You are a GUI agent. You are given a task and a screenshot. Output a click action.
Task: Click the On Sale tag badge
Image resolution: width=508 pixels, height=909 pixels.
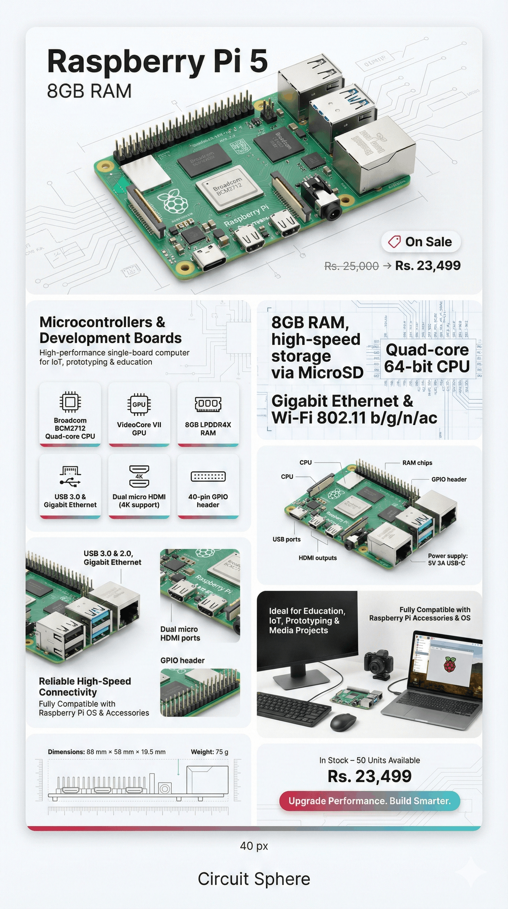(421, 242)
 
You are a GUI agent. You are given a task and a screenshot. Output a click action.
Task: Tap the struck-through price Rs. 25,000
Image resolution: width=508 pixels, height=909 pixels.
(351, 266)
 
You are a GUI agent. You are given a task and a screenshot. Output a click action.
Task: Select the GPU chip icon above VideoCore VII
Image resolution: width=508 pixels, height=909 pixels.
(139, 404)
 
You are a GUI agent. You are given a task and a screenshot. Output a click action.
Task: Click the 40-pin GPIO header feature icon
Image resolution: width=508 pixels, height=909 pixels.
(208, 476)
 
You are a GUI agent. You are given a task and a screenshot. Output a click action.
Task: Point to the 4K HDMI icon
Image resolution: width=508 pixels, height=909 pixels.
(139, 476)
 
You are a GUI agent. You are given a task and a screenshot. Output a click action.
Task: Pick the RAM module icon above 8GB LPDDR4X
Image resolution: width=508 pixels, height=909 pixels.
(208, 404)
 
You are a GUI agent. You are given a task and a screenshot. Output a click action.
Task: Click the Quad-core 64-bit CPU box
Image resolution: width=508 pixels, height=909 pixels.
(427, 358)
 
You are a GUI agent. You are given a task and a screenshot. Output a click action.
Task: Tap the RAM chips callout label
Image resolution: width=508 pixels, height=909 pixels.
(417, 463)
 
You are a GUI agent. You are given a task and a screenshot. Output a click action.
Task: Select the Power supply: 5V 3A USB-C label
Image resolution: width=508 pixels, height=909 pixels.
(447, 559)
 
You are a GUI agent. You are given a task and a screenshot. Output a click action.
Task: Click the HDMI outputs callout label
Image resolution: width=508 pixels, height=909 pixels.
(317, 558)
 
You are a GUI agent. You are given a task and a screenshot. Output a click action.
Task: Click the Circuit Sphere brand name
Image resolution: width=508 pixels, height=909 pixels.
(254, 879)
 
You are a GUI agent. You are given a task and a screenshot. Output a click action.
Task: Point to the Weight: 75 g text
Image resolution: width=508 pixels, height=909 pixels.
(209, 752)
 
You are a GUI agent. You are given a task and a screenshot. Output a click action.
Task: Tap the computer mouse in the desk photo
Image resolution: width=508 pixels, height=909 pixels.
(343, 722)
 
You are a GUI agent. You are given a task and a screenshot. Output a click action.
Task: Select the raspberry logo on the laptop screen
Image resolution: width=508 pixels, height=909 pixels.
(449, 664)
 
